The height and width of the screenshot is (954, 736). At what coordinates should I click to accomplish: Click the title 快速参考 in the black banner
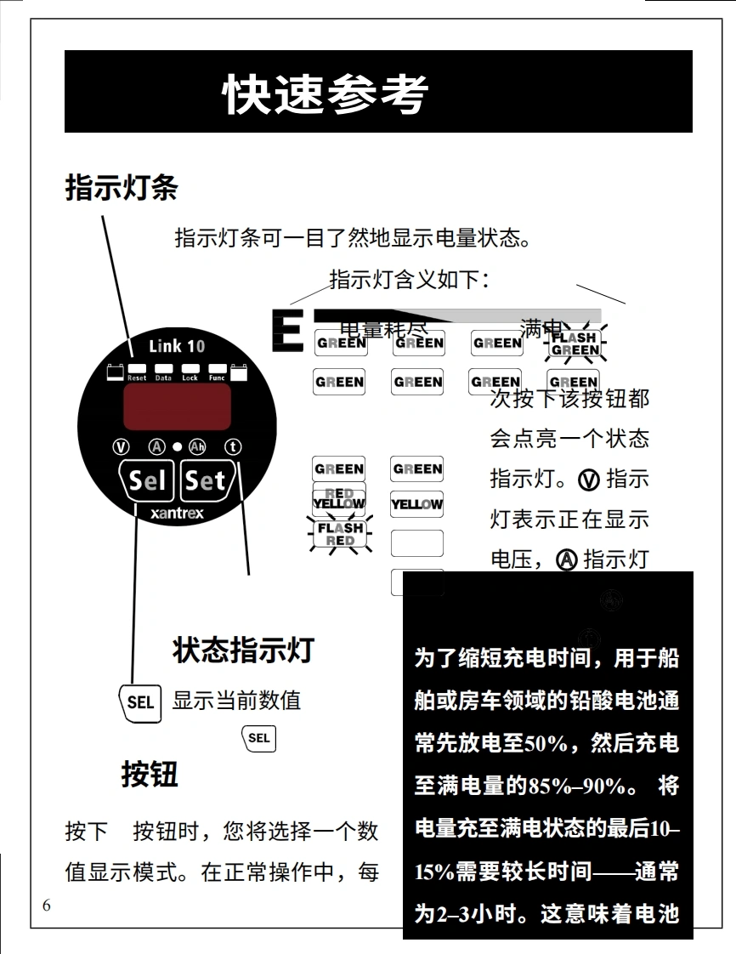tap(326, 94)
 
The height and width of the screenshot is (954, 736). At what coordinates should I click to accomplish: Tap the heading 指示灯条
tap(122, 187)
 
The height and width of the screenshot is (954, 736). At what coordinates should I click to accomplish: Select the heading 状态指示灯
tap(243, 650)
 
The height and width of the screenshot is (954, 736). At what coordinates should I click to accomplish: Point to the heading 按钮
tap(149, 775)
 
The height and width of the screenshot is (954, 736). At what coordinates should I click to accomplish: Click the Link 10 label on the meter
tap(177, 346)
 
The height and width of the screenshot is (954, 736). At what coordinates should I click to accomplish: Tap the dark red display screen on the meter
tap(177, 406)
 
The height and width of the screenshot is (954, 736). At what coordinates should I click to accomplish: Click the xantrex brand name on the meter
tap(177, 514)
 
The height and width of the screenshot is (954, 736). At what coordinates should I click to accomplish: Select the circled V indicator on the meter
tap(121, 447)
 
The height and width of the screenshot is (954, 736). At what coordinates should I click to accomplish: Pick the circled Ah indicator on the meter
tap(197, 447)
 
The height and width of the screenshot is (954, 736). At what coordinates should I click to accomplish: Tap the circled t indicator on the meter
tap(233, 447)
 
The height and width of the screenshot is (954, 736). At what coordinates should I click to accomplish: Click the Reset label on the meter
tap(137, 378)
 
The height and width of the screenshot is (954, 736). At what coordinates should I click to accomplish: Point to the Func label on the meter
tap(217, 378)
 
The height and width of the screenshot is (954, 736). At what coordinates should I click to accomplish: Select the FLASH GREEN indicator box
tap(575, 344)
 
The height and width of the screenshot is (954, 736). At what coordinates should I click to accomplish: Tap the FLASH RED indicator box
tap(340, 534)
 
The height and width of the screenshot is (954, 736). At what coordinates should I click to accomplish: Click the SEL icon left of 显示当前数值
tap(140, 702)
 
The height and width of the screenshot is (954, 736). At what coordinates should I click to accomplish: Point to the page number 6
tap(46, 906)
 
